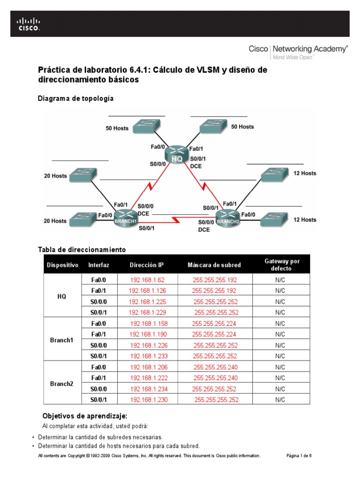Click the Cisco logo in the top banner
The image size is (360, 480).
click(x=29, y=24)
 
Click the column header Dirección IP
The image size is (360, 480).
click(x=147, y=265)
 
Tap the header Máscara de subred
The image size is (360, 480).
click(x=214, y=265)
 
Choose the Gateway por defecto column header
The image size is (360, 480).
click(x=282, y=265)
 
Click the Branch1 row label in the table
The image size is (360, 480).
click(x=62, y=340)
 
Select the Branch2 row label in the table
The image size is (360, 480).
click(x=62, y=383)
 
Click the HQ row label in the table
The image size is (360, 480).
click(x=62, y=296)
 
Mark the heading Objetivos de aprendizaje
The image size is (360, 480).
click(x=85, y=416)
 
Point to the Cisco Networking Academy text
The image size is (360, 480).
click(x=298, y=48)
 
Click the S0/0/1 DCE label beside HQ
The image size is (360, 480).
click(x=197, y=162)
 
